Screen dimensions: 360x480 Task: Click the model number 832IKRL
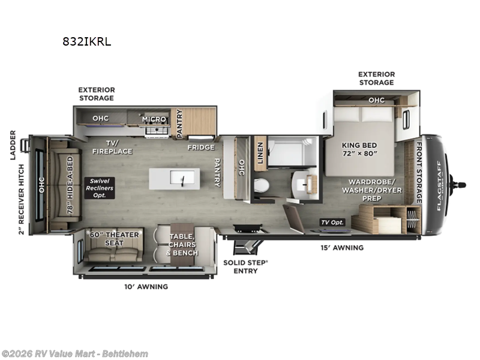click(x=87, y=41)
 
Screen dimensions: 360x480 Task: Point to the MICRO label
click(x=154, y=119)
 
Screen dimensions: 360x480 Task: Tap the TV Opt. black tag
click(x=333, y=222)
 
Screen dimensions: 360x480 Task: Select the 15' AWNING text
click(x=344, y=247)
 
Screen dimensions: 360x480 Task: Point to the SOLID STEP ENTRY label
click(x=241, y=266)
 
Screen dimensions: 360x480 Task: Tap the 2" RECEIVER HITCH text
click(x=22, y=199)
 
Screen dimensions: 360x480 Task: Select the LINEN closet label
click(x=260, y=150)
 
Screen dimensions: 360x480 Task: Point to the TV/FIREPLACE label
click(x=112, y=148)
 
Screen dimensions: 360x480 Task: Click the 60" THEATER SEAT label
click(x=114, y=238)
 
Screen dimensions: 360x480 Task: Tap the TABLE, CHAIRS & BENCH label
click(x=184, y=245)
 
